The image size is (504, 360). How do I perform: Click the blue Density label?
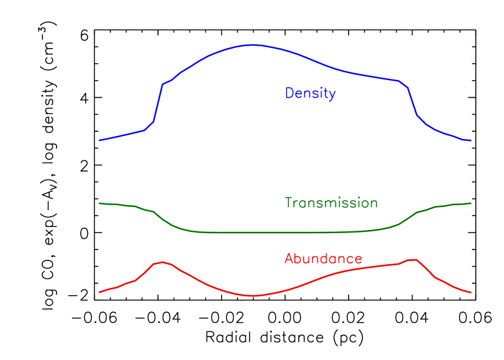[310, 93]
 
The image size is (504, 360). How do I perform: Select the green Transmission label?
[331, 203]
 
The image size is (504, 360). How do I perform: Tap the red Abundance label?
[323, 259]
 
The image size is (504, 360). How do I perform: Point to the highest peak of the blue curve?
[253, 44]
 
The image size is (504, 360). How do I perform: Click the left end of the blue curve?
[100, 140]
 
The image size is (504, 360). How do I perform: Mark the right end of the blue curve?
[471, 141]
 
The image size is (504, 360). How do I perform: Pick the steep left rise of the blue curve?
[158, 103]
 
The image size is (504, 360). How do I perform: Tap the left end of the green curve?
[100, 203]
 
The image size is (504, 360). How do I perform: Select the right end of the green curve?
[471, 203]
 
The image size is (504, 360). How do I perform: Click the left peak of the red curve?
[162, 262]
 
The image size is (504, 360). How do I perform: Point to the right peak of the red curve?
[412, 260]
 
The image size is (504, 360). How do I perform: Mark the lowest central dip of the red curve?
[253, 296]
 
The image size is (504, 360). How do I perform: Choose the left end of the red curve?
[100, 292]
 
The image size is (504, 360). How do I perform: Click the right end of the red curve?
[471, 293]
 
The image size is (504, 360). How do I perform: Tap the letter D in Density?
[290, 93]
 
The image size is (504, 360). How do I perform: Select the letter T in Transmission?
[288, 203]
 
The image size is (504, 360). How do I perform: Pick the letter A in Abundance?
[289, 259]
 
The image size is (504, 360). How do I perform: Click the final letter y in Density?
[332, 95]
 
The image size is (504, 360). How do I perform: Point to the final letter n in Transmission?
[374, 204]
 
